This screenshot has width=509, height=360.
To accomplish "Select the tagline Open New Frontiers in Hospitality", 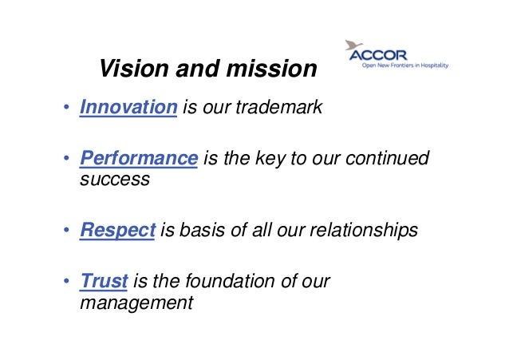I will [x=404, y=67].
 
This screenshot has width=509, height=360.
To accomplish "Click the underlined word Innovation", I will [x=128, y=107].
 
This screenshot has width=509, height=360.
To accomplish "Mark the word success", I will [x=115, y=178].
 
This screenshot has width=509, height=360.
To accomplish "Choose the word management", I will [x=136, y=303].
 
